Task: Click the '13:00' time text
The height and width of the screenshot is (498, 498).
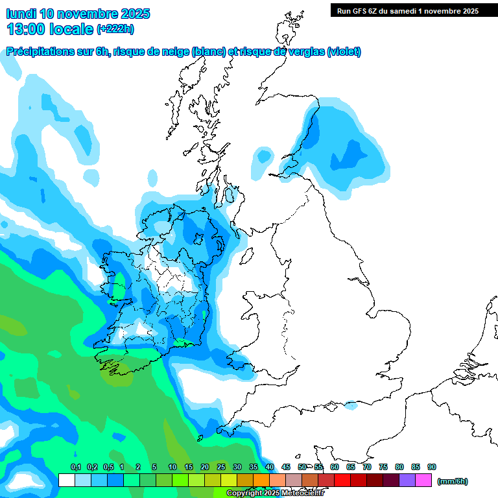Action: (25, 29)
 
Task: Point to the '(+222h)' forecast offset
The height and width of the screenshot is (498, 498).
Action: (115, 29)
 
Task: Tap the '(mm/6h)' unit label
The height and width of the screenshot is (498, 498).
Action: (452, 481)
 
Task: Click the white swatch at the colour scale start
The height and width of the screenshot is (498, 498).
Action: (66, 480)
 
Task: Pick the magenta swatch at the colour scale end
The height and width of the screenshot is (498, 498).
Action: (423, 480)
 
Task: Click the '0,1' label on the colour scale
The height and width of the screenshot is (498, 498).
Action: (75, 468)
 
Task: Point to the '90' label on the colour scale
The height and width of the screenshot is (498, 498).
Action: (432, 468)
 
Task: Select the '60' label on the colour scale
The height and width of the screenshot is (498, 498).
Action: (335, 468)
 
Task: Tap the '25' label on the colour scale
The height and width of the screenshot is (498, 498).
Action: (221, 468)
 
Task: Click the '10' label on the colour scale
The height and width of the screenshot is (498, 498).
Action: (172, 468)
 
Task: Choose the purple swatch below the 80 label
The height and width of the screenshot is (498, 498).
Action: (407, 480)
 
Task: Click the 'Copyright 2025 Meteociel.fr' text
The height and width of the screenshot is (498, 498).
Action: (275, 493)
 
